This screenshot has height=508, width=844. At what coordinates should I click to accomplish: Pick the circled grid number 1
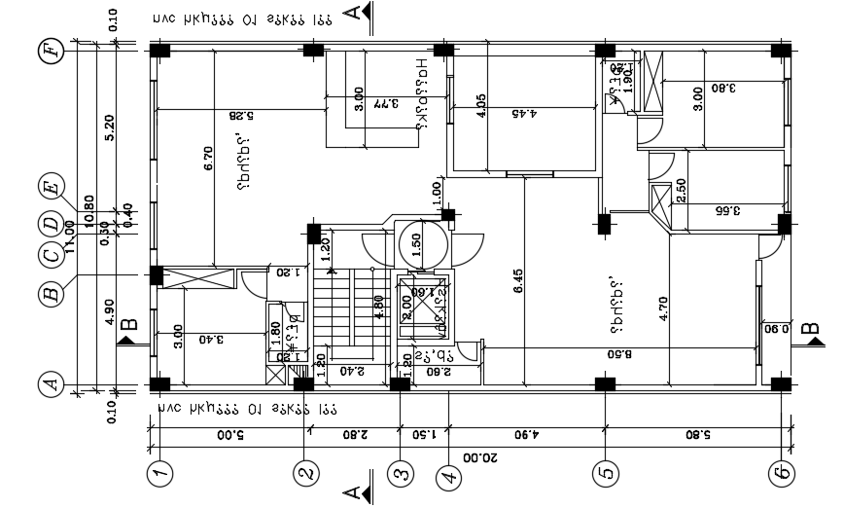(159, 474)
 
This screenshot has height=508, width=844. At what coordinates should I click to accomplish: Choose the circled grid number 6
(780, 474)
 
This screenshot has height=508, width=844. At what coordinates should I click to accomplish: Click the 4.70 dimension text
(663, 308)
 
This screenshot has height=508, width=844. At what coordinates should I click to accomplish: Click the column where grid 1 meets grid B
(156, 276)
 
